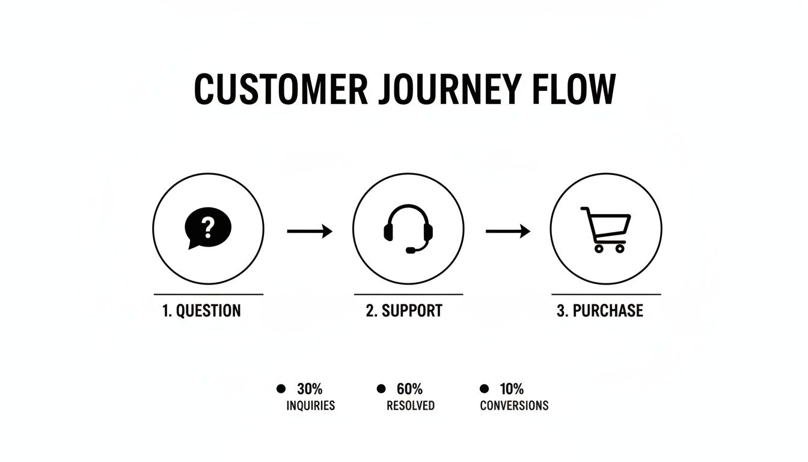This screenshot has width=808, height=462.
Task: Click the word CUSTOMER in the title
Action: (x=280, y=90)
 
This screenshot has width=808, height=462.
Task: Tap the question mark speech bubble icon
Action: (x=208, y=229)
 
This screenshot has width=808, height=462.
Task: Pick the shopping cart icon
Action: (x=605, y=229)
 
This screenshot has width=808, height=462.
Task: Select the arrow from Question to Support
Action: (x=310, y=231)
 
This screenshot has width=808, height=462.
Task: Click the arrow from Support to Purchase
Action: (x=508, y=231)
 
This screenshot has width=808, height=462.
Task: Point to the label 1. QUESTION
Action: (x=201, y=311)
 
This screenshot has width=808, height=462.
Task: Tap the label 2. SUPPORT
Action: (x=404, y=311)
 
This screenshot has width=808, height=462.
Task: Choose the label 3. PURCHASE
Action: (x=600, y=311)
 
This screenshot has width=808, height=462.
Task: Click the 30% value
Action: (x=310, y=389)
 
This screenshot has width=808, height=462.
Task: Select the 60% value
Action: (x=410, y=389)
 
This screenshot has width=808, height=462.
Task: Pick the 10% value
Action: (x=512, y=389)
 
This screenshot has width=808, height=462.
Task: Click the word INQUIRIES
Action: (x=310, y=405)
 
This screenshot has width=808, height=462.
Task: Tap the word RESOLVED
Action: (x=411, y=405)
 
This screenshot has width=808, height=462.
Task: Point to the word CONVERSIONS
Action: (x=514, y=405)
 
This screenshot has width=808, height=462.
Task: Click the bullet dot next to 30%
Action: (x=281, y=389)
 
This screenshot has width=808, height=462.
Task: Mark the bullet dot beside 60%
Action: (x=381, y=389)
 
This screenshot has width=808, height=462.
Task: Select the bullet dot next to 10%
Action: (x=484, y=389)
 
